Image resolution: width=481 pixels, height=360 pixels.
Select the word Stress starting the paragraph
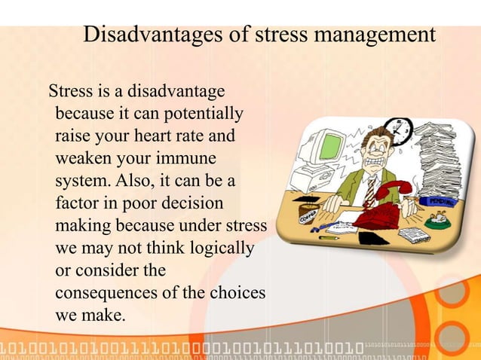[x=69, y=93]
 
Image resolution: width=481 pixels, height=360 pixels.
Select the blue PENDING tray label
[x=443, y=202]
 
